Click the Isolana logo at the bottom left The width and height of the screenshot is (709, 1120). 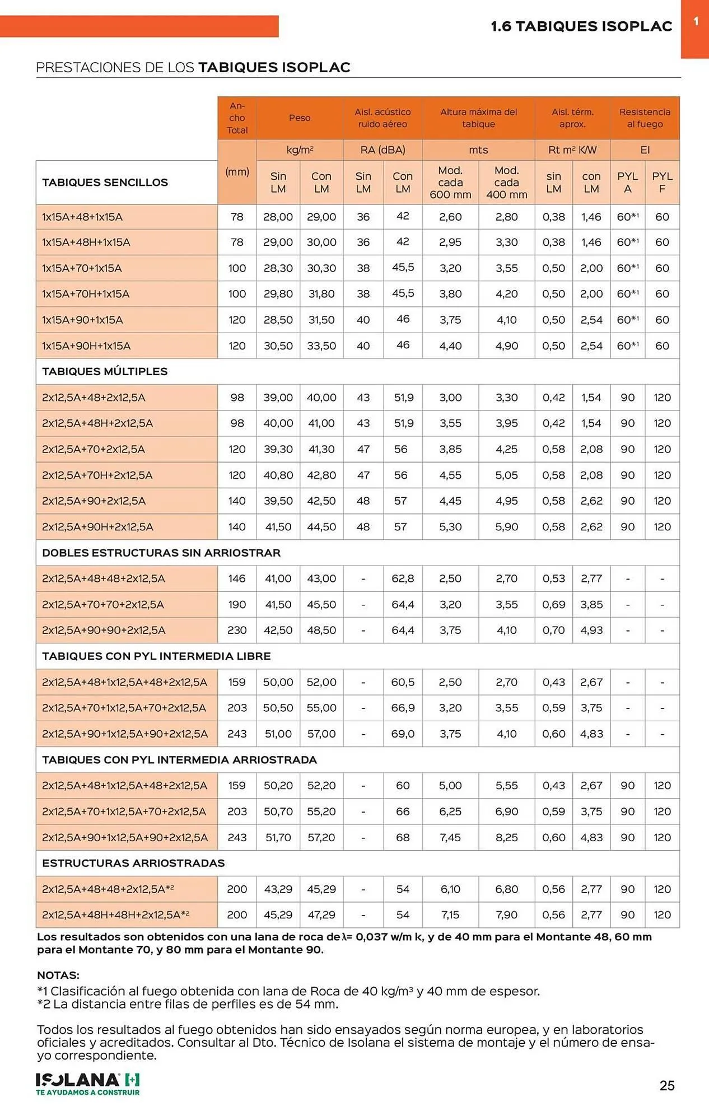pyautogui.click(x=87, y=1084)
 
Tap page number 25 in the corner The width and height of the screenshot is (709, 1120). pyautogui.click(x=667, y=1085)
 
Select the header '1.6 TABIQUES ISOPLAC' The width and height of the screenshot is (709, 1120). pyautogui.click(x=581, y=26)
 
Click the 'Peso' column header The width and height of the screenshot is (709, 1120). pyautogui.click(x=300, y=118)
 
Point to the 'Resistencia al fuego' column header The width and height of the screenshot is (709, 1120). pyautogui.click(x=645, y=118)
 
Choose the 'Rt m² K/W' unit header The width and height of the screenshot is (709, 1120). pyautogui.click(x=572, y=150)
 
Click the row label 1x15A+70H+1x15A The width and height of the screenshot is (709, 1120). pyautogui.click(x=86, y=294)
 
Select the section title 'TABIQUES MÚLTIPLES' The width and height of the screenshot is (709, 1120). pyautogui.click(x=105, y=371)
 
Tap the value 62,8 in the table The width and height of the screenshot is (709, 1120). pyautogui.click(x=403, y=578)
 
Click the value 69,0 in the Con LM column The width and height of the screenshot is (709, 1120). pyautogui.click(x=403, y=734)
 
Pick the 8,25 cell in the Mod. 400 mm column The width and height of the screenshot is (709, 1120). pyautogui.click(x=506, y=837)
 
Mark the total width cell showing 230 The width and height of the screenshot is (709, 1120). pyautogui.click(x=237, y=630)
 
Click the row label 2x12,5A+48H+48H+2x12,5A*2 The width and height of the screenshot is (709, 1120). pyautogui.click(x=115, y=914)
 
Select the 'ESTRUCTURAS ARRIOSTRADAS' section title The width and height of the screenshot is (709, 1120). pyautogui.click(x=133, y=863)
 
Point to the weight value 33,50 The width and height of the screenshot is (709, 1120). pyautogui.click(x=321, y=346)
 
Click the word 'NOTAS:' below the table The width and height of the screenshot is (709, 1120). pyautogui.click(x=58, y=975)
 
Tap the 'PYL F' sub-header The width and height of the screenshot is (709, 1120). pyautogui.click(x=662, y=183)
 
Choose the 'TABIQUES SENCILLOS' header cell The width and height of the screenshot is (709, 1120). pyautogui.click(x=105, y=183)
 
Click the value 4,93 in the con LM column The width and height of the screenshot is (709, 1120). pyautogui.click(x=591, y=630)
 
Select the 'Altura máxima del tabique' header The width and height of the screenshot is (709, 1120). pyautogui.click(x=478, y=118)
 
